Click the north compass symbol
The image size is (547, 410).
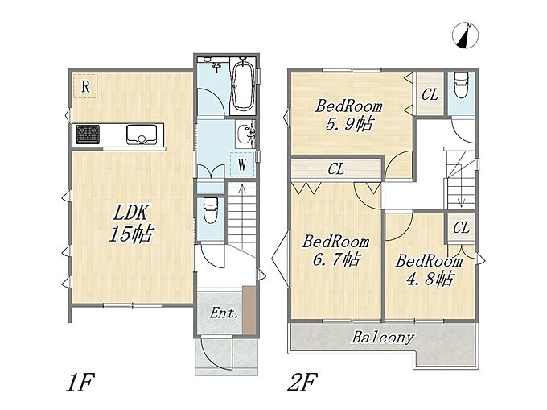click(465, 35)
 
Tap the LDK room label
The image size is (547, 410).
click(131, 223)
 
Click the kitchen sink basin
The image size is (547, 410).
click(142, 134)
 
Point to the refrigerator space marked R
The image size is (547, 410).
click(85, 86)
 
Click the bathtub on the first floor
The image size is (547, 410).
click(243, 85)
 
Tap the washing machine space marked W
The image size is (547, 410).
click(242, 164)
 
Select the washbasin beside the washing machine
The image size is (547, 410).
click(245, 135)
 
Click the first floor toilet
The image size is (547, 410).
click(211, 209)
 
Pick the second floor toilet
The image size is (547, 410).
click(461, 86)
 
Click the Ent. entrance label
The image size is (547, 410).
click(224, 313)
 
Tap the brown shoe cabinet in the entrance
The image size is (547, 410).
click(249, 310)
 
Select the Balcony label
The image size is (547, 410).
click(383, 338)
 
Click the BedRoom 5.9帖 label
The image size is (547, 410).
click(349, 115)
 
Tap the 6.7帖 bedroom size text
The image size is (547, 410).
click(336, 259)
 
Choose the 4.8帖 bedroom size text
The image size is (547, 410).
click(430, 279)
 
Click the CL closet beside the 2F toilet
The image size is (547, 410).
click(430, 94)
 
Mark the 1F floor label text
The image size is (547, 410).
click(80, 383)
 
